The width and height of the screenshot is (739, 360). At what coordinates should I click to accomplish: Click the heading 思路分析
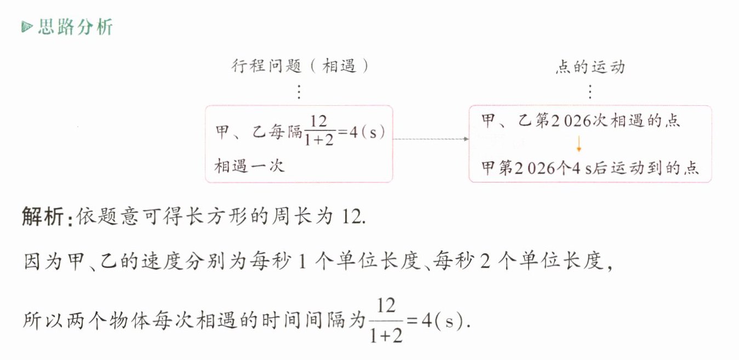tap(75, 27)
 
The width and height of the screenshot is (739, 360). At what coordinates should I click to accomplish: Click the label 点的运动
tap(590, 67)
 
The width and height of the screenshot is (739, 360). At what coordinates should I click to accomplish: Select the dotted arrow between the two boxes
tap(431, 139)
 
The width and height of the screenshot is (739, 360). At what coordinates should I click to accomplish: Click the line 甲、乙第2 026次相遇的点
tap(581, 121)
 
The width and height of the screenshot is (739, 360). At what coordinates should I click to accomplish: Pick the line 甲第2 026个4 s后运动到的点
tap(590, 168)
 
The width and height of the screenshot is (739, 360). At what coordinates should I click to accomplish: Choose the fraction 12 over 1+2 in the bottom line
tap(386, 319)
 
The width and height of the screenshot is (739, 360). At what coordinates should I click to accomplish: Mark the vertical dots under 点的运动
tap(590, 91)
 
